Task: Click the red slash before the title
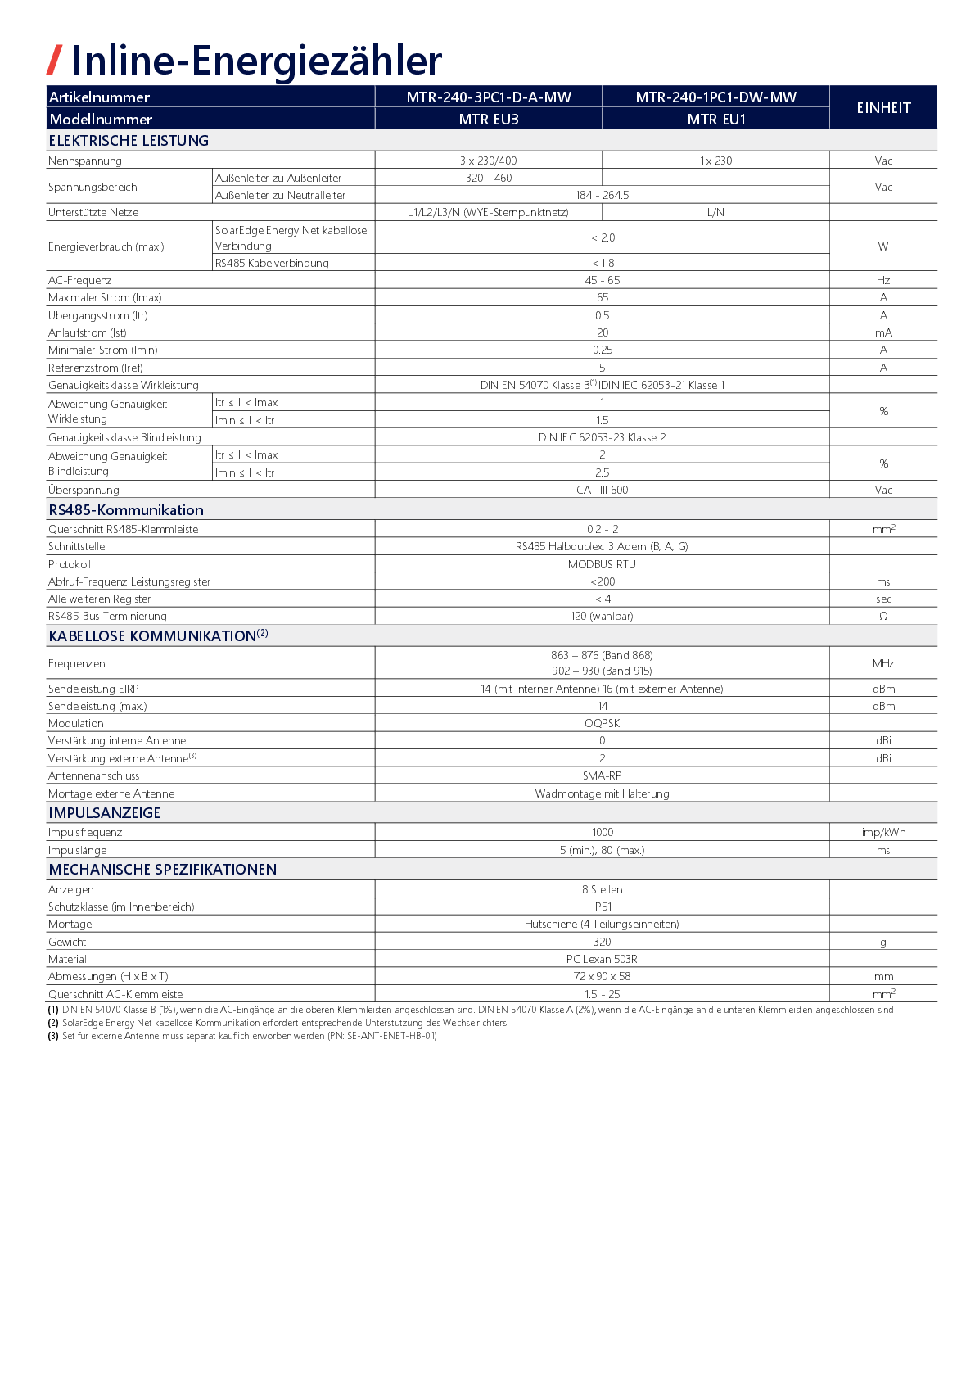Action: pos(54,61)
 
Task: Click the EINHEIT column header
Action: pos(883,108)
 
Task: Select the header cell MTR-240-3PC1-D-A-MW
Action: pos(489,97)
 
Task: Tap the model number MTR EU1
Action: pos(716,120)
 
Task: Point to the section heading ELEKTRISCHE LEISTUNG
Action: pos(129,141)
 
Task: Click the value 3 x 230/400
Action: pos(489,161)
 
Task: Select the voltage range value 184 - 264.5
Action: pos(603,196)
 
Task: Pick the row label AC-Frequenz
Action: pos(79,281)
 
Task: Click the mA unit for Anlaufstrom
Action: pos(883,333)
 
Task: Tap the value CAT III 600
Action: pos(603,491)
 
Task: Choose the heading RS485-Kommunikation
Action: pos(126,510)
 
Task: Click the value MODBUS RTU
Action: pos(603,565)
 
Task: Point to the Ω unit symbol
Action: pos(883,617)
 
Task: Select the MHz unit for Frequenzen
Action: pos(883,664)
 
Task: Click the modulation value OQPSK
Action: pos(603,724)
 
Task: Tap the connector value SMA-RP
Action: pos(603,776)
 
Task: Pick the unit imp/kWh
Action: pos(883,833)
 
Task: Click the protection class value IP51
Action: pos(603,907)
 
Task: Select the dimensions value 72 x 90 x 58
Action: pos(603,977)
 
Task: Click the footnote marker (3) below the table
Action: pos(53,1036)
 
